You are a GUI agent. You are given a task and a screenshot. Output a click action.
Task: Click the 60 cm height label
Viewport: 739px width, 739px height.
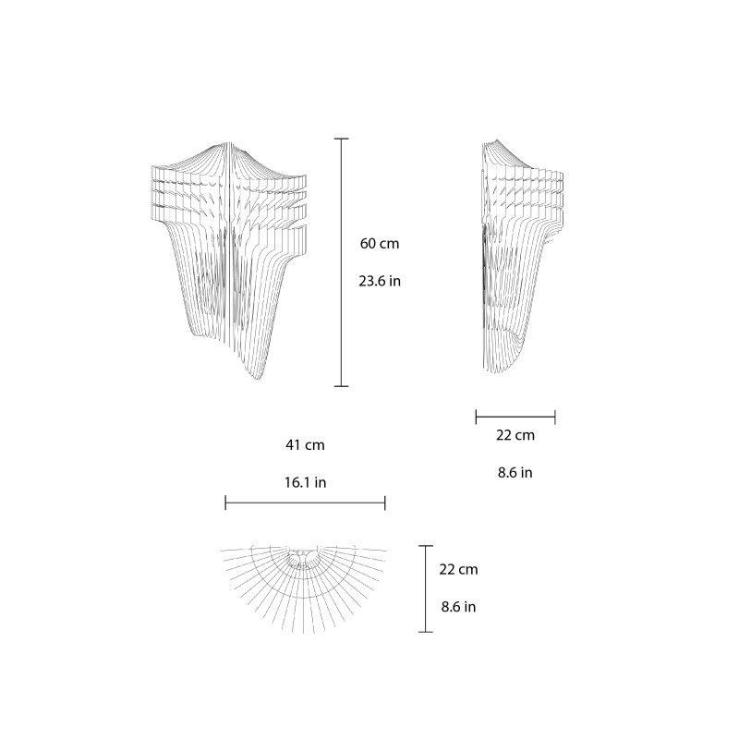(x=379, y=244)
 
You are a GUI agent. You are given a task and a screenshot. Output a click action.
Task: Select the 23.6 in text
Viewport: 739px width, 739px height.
(x=380, y=281)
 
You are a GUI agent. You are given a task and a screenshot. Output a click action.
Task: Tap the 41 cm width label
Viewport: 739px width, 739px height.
(x=305, y=445)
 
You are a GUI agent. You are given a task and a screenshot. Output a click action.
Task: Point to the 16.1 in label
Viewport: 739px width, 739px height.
(x=305, y=482)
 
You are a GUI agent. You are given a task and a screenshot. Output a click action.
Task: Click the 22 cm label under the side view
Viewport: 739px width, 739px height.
(x=515, y=435)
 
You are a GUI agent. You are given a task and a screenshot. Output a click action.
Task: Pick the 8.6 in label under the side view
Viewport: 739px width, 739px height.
(x=515, y=472)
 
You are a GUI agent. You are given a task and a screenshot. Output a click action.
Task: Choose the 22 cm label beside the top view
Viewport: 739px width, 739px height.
(x=458, y=570)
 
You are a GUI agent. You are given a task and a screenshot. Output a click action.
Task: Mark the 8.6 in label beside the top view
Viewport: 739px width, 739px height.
(x=458, y=607)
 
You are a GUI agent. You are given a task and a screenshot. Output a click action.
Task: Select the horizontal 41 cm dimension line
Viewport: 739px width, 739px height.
(x=305, y=503)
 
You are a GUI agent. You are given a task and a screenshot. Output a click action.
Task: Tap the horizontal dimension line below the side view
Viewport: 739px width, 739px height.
(x=515, y=417)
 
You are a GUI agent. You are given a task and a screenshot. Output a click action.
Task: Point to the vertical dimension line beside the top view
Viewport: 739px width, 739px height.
(x=425, y=588)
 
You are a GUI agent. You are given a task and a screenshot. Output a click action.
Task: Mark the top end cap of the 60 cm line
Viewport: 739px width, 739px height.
(x=342, y=139)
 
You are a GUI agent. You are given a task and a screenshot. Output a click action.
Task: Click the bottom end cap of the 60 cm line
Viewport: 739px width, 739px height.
(x=342, y=386)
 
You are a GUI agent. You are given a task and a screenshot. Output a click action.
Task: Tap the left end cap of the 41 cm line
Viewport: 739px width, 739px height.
(x=225, y=503)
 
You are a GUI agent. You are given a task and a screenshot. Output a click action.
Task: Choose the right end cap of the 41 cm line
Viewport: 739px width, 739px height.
(x=385, y=503)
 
